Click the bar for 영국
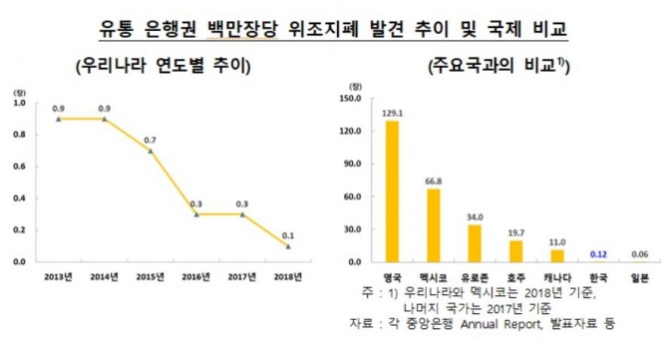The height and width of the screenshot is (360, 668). (392, 190)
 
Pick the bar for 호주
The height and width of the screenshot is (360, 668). (515, 250)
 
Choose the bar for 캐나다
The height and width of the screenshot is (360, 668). (556, 255)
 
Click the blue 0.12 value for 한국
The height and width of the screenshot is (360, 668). (598, 254)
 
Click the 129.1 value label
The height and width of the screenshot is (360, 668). (392, 113)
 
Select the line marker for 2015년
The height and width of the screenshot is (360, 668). (151, 151)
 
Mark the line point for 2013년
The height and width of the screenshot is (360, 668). (59, 118)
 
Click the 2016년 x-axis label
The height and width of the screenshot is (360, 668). (196, 277)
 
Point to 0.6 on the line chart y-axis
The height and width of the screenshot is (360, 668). (22, 166)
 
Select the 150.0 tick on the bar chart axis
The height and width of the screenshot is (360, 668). (348, 99)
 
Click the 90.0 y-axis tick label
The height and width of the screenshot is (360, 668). (350, 164)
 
